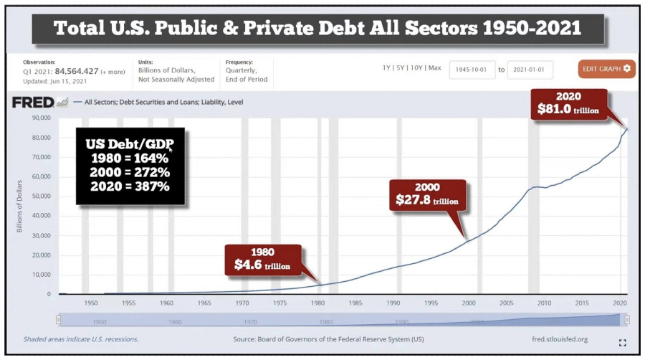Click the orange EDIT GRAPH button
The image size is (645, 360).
(x=606, y=69)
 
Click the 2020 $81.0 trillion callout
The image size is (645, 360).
(x=568, y=105)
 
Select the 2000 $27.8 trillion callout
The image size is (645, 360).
(x=427, y=194)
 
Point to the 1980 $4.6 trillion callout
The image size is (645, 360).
(x=262, y=260)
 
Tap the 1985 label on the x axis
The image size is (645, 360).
(x=355, y=303)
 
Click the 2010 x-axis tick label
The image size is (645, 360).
(x=544, y=303)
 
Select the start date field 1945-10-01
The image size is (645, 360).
(x=472, y=70)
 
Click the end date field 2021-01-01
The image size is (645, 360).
(x=530, y=70)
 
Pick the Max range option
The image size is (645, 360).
(x=434, y=68)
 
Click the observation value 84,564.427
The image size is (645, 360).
(x=75, y=71)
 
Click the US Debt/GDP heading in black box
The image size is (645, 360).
(x=130, y=143)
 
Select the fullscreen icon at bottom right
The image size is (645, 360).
(x=622, y=343)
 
